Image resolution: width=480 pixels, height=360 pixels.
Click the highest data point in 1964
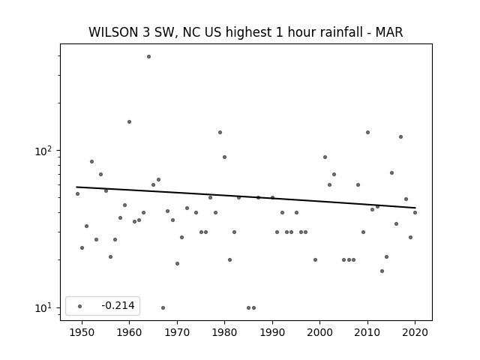pyautogui.click(x=148, y=57)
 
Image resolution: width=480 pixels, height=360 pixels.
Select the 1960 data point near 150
pyautogui.click(x=129, y=121)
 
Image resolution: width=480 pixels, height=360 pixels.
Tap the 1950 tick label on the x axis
pyautogui.click(x=82, y=332)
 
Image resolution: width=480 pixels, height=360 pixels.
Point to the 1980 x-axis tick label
pyautogui.click(x=224, y=332)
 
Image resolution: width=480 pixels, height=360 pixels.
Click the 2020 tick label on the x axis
pyautogui.click(x=415, y=332)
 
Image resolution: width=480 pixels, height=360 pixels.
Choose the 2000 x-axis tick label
pyautogui.click(x=320, y=332)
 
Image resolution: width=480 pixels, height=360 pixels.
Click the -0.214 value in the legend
pyautogui.click(x=118, y=305)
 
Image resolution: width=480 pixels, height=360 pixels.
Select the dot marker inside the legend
pyautogui.click(x=80, y=306)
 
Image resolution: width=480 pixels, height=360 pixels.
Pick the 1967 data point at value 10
pyautogui.click(x=163, y=307)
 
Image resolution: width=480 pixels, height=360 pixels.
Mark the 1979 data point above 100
pyautogui.click(x=220, y=132)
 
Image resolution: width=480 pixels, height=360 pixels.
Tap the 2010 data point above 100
pyautogui.click(x=367, y=132)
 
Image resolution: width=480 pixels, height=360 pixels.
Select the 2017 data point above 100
pyautogui.click(x=400, y=136)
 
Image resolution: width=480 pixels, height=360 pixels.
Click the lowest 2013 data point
pyautogui.click(x=382, y=271)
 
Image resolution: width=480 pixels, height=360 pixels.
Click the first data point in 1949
pyautogui.click(x=77, y=193)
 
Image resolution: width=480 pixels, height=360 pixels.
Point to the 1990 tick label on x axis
pyautogui.click(x=272, y=332)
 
